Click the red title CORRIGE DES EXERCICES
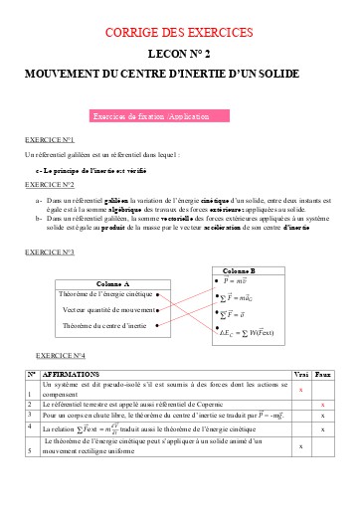179,34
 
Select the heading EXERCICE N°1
51,140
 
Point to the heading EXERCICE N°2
51,186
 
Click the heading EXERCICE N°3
51,254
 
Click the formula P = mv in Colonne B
237,282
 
